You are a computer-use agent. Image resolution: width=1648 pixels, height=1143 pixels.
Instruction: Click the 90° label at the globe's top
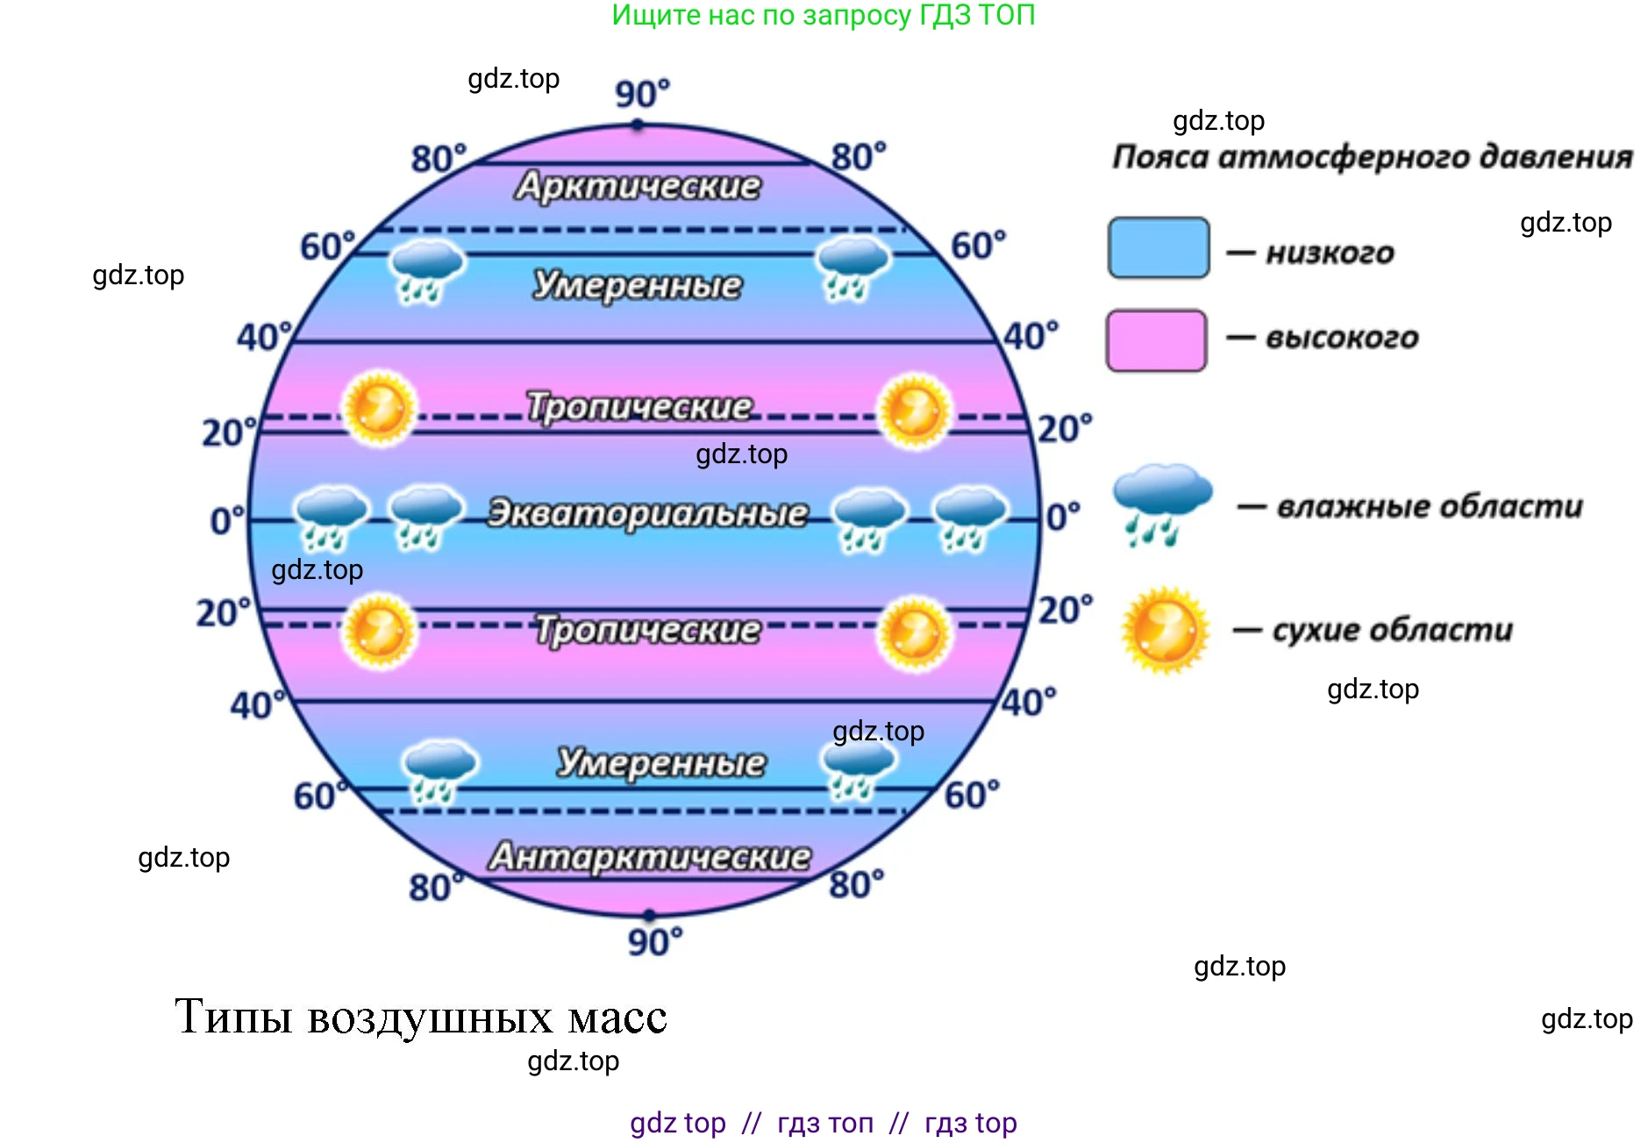click(641, 93)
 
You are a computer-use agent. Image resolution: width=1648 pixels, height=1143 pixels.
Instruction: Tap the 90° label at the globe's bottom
click(654, 942)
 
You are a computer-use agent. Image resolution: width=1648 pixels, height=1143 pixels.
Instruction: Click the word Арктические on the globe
click(638, 186)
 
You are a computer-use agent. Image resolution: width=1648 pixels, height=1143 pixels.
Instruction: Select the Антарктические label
click(649, 856)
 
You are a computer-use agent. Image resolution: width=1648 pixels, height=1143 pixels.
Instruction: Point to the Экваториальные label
click(647, 513)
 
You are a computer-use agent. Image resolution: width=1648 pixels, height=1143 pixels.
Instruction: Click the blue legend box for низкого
click(1158, 248)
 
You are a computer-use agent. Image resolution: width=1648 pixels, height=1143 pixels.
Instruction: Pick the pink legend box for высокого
click(1156, 339)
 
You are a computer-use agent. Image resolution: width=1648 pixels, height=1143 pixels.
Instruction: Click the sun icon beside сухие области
click(1165, 630)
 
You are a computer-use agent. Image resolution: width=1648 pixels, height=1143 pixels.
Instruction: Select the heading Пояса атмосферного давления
click(1372, 157)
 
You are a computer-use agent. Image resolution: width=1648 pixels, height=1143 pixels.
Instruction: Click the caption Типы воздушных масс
click(421, 1017)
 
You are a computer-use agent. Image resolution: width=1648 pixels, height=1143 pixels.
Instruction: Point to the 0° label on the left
click(227, 520)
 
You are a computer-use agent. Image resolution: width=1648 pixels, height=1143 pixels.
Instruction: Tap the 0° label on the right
click(1063, 517)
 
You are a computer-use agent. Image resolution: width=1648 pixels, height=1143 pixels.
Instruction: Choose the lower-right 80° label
click(856, 884)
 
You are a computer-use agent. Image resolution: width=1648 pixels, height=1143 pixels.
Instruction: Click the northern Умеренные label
click(638, 285)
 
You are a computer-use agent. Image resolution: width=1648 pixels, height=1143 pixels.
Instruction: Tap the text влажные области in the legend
click(1429, 506)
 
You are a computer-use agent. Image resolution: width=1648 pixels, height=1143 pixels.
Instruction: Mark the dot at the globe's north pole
click(638, 125)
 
